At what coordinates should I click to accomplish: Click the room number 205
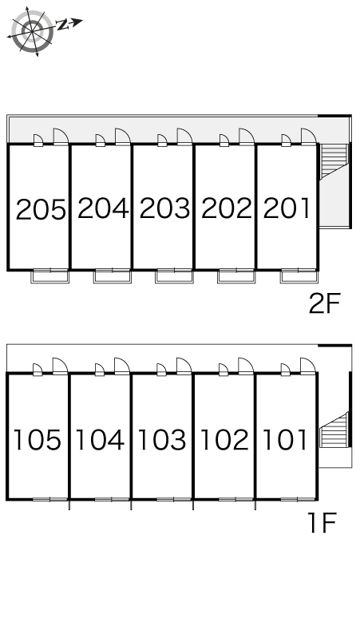tap(41, 209)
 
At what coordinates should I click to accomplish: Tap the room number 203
tap(164, 208)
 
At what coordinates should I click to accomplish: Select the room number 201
tap(287, 208)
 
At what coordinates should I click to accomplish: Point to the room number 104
tap(100, 440)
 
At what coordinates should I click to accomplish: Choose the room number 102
tap(224, 440)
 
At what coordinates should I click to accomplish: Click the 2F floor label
tap(324, 303)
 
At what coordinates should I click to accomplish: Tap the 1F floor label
tap(323, 523)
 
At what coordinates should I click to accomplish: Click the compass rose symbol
tap(32, 31)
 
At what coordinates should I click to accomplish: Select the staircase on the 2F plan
tap(334, 161)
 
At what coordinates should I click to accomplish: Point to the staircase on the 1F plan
tap(334, 430)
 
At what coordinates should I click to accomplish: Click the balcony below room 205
tap(50, 276)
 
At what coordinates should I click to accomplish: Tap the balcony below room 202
tap(236, 276)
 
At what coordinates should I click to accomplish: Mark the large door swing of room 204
tap(122, 137)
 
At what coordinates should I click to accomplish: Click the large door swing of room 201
tap(309, 137)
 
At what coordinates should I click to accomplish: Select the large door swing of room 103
tap(184, 366)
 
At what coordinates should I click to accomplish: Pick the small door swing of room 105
tap(38, 369)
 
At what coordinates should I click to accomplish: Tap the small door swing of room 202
tap(224, 140)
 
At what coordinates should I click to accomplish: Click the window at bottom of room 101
tap(299, 499)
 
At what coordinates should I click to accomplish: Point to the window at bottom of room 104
tap(112, 499)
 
